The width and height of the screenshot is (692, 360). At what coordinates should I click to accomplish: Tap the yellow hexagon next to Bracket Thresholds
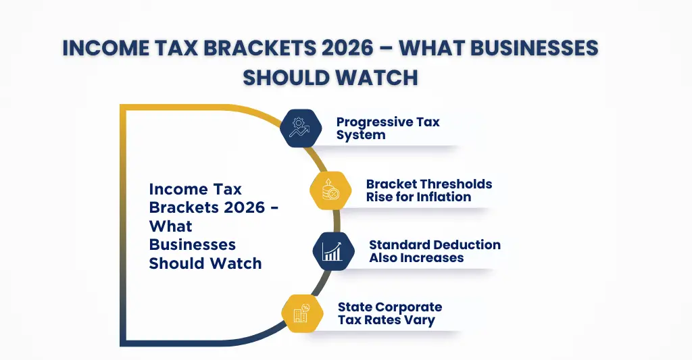tap(330, 190)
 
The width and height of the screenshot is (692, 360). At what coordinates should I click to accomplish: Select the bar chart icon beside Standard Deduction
tap(333, 251)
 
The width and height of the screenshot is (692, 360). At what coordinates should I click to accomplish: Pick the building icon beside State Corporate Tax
tap(301, 313)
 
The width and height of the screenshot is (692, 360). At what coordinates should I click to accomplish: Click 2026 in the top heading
tap(347, 49)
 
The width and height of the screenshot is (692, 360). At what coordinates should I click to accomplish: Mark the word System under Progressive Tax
tap(361, 134)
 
